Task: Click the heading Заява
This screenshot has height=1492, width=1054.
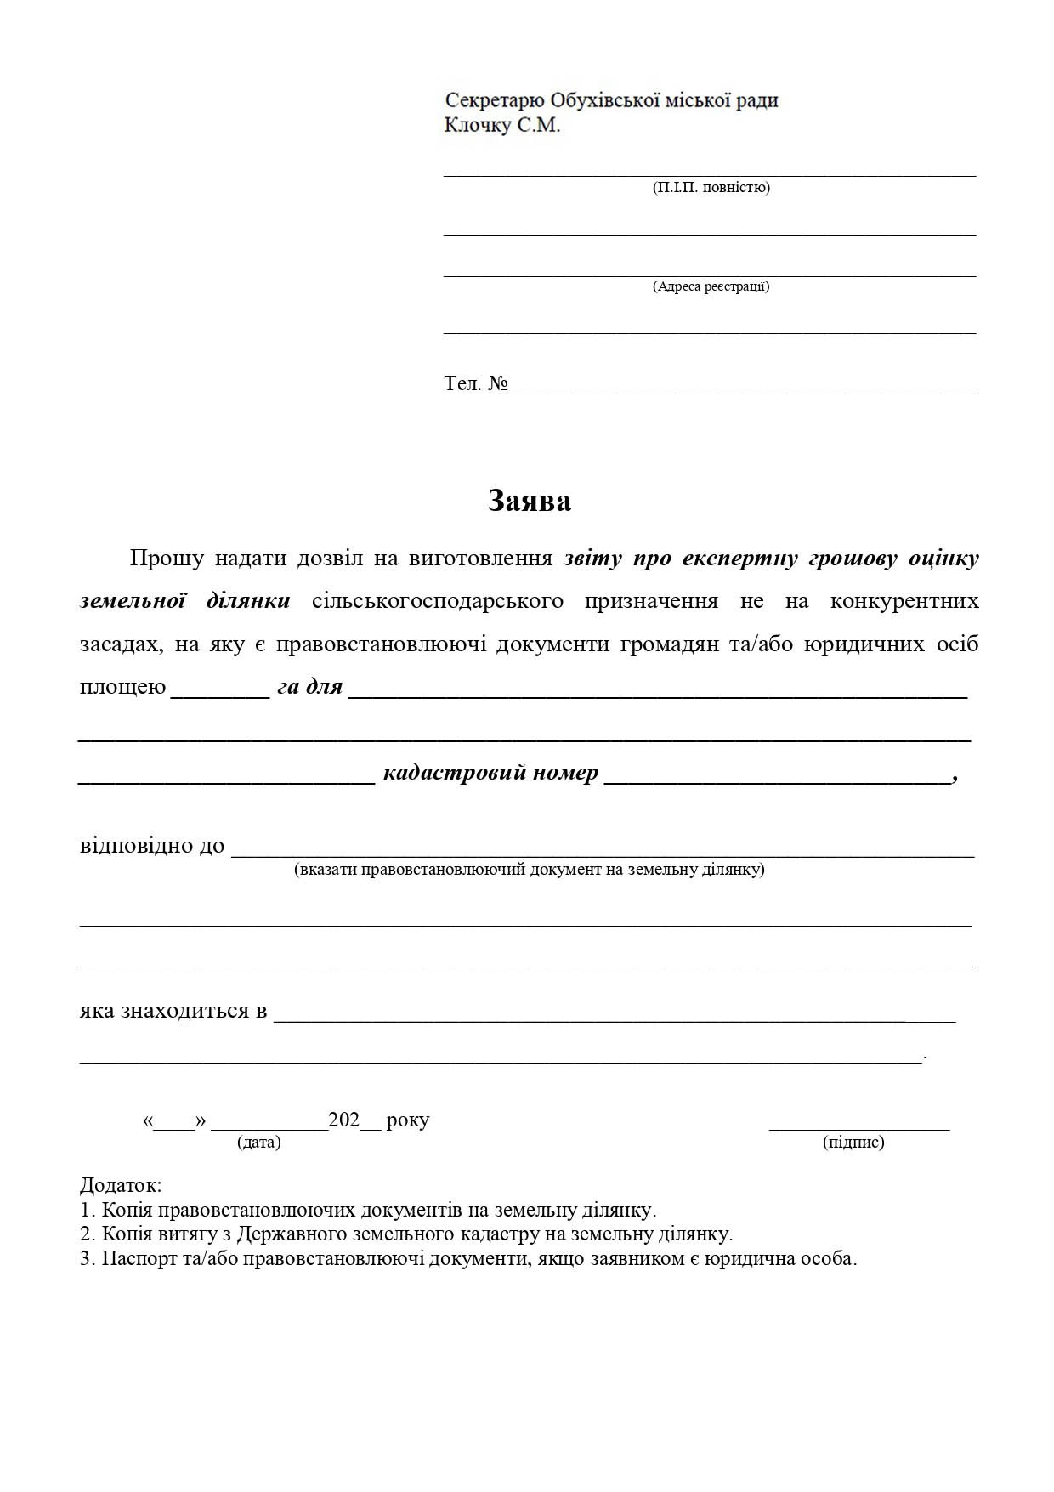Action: [x=529, y=501]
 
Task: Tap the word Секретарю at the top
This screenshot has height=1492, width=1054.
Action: [x=494, y=100]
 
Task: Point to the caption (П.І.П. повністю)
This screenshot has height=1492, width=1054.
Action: [x=711, y=187]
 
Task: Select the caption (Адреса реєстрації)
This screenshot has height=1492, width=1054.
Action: [x=711, y=286]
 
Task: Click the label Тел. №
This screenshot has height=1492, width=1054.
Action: [x=475, y=383]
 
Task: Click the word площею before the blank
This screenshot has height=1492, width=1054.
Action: [x=122, y=687]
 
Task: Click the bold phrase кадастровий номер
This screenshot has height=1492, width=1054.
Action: [x=490, y=774]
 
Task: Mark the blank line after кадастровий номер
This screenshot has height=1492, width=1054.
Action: [x=777, y=777]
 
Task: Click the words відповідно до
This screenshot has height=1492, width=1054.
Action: [x=152, y=846]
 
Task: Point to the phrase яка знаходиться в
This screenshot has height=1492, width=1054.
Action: [x=173, y=1012]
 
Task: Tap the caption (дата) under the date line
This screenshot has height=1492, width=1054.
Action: [x=259, y=1142]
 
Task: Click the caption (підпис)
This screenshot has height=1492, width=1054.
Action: [x=853, y=1142]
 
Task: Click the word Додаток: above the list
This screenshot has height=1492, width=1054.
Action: [x=121, y=1185]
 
